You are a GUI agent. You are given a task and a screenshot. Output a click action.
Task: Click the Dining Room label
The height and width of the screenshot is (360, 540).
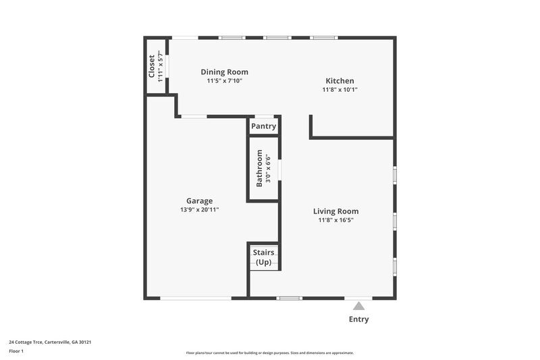[x=225, y=72]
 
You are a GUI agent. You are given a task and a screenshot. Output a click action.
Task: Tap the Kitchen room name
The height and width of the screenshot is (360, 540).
[x=340, y=80]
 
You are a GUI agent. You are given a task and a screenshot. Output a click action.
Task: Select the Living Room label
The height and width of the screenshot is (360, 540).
[x=336, y=211]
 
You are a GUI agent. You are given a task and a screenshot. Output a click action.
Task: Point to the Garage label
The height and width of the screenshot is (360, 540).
[x=200, y=201]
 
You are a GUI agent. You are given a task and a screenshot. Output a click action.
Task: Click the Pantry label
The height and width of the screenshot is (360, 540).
[x=263, y=126]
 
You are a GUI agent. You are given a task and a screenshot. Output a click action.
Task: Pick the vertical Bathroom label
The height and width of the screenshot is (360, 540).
[x=259, y=172]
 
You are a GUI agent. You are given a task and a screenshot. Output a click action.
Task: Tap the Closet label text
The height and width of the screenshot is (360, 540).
[x=152, y=66]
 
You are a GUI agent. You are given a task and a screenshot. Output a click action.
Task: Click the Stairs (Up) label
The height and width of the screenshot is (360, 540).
[x=263, y=257]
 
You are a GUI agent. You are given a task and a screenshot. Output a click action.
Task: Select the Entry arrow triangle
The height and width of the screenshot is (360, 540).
[x=358, y=305]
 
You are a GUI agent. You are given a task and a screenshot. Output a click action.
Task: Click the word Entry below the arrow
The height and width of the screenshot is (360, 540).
[x=358, y=319]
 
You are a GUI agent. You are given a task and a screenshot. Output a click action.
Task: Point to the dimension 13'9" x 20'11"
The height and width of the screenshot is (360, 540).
[x=200, y=210]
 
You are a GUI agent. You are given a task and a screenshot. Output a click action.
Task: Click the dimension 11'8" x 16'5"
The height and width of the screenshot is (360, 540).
[x=336, y=220]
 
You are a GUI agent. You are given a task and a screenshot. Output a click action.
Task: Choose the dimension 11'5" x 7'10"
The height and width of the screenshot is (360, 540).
[x=225, y=81]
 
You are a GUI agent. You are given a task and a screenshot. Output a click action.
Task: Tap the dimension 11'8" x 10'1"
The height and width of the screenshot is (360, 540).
[x=340, y=90]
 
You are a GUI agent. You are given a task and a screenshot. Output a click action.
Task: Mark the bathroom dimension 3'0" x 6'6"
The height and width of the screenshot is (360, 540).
[x=268, y=172]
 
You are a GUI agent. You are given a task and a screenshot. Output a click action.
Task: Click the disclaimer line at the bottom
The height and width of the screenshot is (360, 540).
[x=270, y=353]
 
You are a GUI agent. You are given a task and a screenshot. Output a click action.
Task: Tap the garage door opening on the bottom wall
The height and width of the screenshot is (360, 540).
[x=195, y=298]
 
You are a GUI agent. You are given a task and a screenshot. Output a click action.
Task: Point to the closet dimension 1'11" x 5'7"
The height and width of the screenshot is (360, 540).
[x=160, y=66]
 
